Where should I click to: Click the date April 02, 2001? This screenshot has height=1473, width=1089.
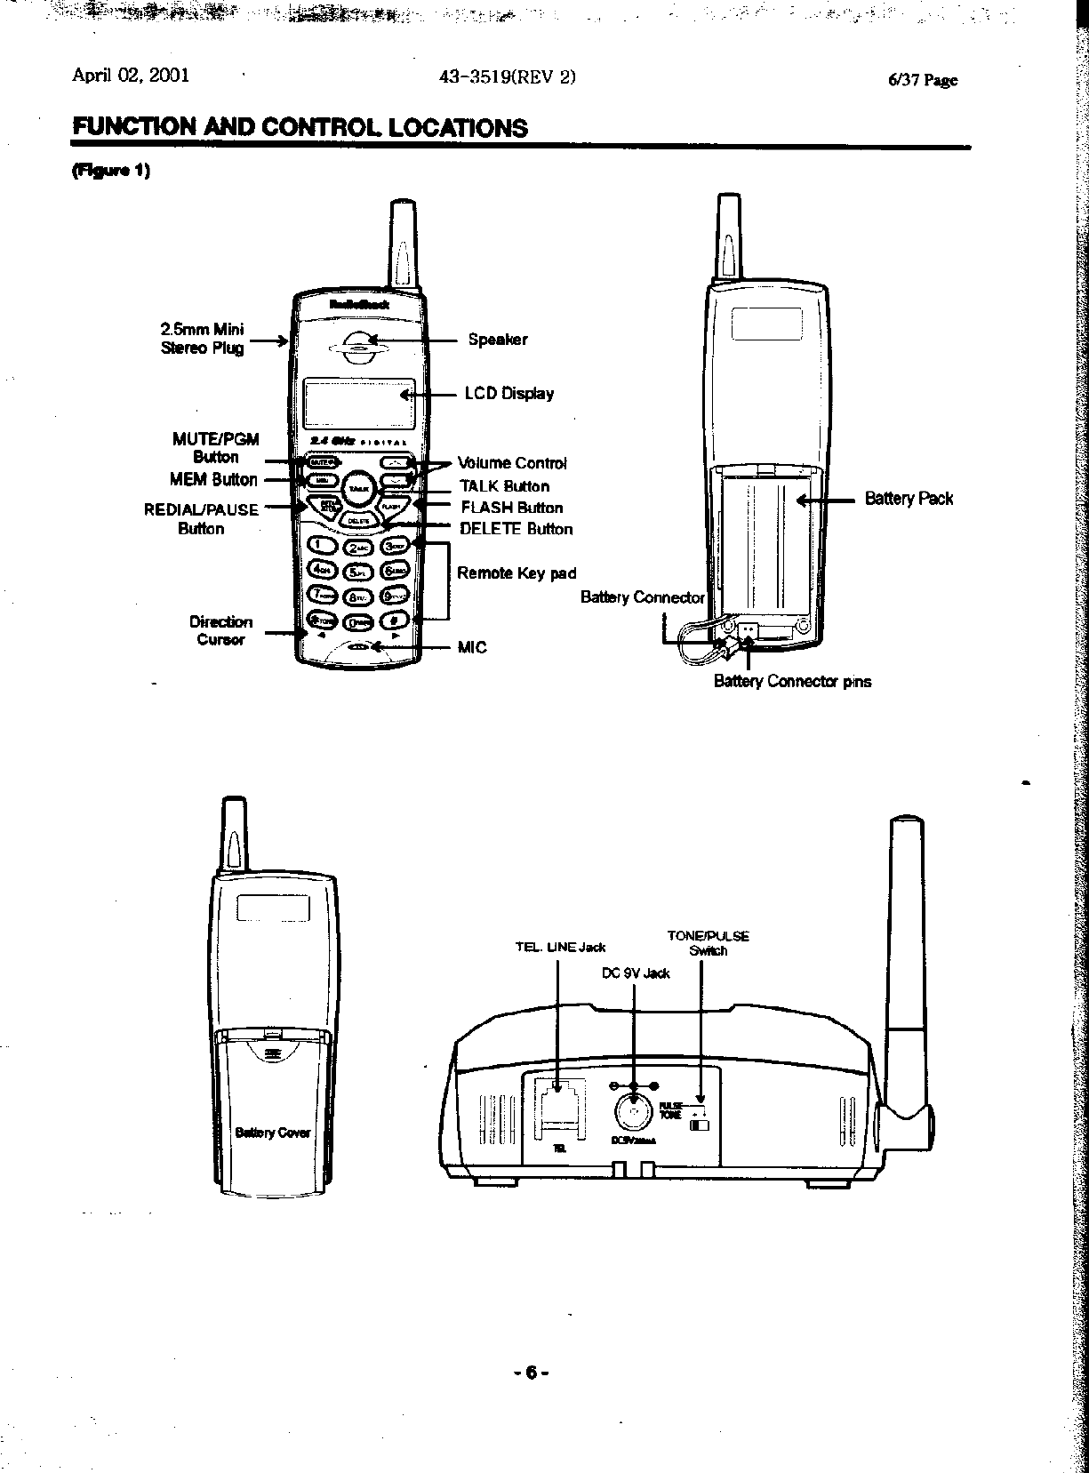130,76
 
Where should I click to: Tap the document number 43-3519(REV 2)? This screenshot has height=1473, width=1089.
508,76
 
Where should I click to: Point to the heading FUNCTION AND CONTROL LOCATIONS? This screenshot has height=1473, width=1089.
300,128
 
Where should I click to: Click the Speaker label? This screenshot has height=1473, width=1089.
498,340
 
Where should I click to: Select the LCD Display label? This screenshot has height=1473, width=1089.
508,394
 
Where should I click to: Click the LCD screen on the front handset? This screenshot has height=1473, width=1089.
359,404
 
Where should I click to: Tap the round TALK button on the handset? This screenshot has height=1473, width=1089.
359,488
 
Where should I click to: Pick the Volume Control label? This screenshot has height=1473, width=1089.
511,463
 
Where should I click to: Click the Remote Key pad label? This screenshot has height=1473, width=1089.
516,573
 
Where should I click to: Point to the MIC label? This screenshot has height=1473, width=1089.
472,647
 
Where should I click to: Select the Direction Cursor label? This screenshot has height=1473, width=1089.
220,630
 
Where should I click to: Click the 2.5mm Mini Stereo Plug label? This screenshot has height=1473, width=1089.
202,339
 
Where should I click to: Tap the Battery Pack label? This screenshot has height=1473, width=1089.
909,499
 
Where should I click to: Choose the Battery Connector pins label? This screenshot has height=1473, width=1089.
792,682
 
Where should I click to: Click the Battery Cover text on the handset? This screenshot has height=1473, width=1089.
272,1133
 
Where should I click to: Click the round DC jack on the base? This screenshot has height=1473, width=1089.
633,1110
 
